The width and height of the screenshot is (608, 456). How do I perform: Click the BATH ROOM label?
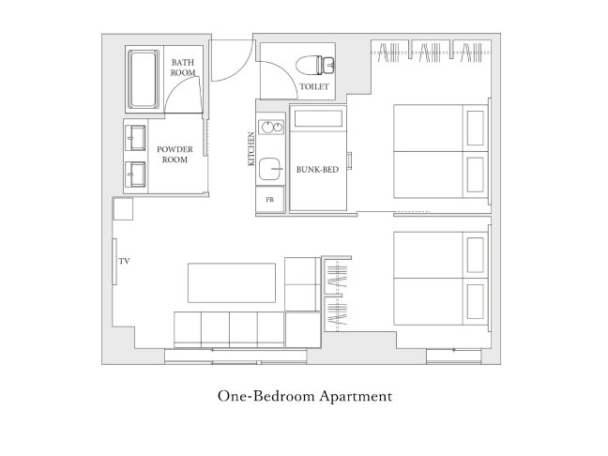183,68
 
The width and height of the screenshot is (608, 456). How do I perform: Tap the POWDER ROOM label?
175,154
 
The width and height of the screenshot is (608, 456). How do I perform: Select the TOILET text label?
314,86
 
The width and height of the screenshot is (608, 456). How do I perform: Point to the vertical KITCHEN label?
251,149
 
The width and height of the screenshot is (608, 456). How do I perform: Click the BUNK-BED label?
317,170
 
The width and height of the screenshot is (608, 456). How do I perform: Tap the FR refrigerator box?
270,199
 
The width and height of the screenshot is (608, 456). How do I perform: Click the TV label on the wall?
124,261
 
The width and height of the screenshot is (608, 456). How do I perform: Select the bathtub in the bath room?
144,79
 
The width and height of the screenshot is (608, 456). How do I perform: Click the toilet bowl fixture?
315,65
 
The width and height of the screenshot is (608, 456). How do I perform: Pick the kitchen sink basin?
270,169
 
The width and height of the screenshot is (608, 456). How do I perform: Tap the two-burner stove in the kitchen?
271,128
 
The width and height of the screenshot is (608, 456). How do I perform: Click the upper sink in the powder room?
136,138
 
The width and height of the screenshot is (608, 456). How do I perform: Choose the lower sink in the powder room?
136,175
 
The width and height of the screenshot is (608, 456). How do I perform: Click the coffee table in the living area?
232,283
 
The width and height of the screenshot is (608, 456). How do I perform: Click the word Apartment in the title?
356,397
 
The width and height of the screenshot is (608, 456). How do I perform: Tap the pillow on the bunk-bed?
318,118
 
